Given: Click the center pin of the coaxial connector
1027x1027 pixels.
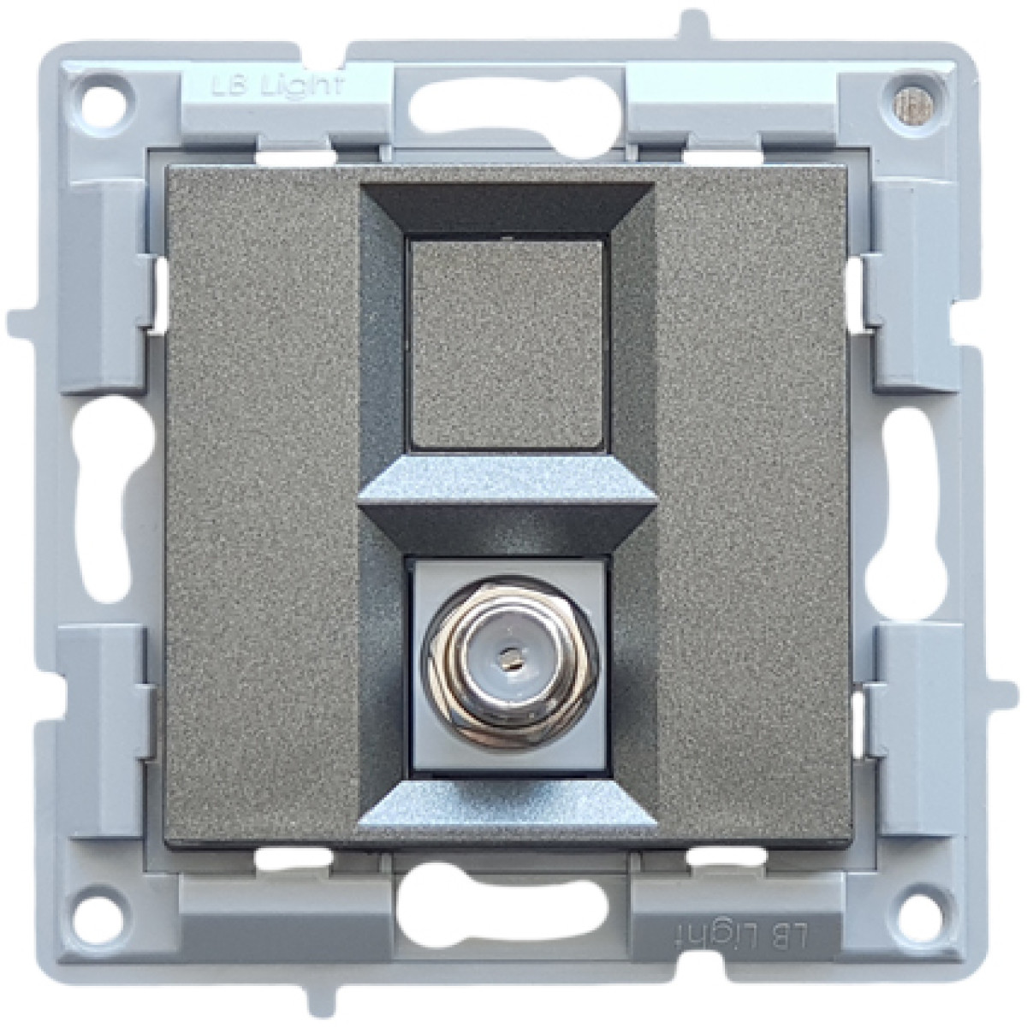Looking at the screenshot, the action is click(512, 653).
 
